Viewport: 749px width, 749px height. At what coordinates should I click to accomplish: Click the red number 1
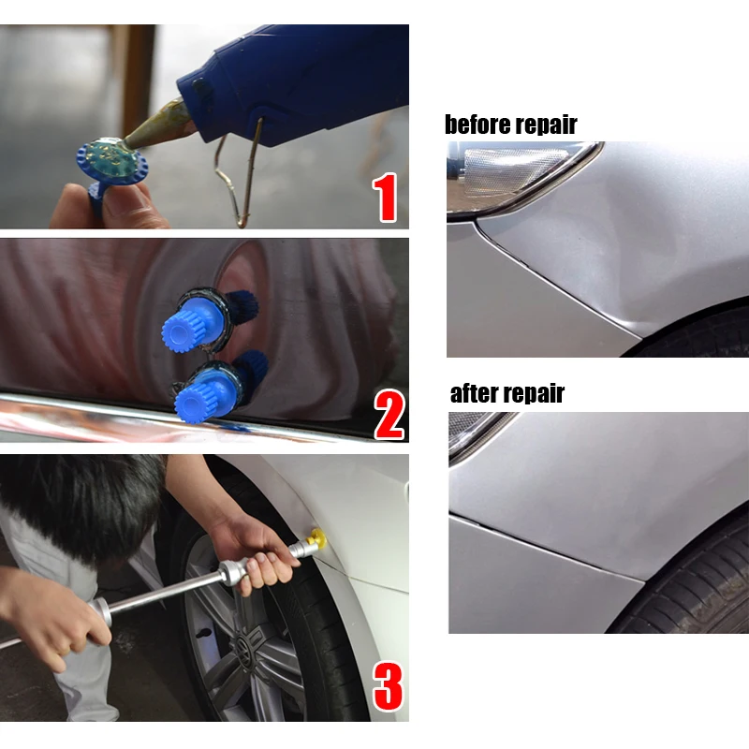385,196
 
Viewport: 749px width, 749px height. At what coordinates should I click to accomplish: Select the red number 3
388,687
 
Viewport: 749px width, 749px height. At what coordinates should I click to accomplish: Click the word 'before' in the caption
477,125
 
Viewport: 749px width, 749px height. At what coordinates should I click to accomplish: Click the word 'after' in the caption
475,393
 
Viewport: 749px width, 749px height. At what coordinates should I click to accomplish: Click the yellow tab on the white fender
317,539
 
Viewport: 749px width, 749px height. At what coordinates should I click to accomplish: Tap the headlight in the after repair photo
473,431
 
